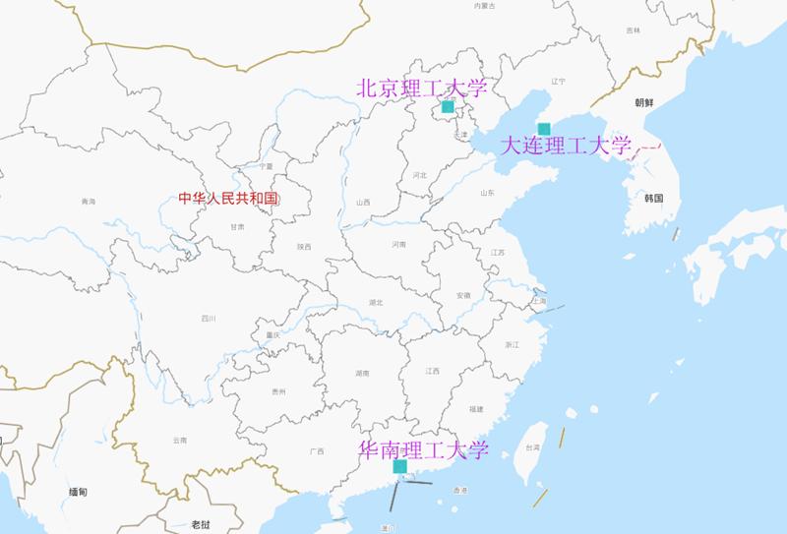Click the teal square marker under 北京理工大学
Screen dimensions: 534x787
coord(448,106)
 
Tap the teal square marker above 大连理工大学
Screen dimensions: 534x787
coord(544,129)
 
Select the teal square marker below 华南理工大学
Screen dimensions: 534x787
coord(400,467)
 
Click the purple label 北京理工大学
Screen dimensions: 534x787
coord(421,88)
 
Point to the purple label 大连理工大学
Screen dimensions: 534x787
coord(566,148)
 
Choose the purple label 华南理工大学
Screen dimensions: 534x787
coord(424,449)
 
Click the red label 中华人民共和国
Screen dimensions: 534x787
coord(229,199)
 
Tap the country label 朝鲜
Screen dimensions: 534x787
coord(644,102)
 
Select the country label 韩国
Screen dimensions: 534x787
coord(655,198)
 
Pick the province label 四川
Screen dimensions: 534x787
coord(208,318)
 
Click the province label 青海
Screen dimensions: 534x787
coord(89,202)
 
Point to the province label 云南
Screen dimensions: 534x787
coord(178,440)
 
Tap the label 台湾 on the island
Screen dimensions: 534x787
coord(531,447)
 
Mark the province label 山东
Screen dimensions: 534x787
coord(486,193)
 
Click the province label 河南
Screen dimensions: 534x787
coord(398,244)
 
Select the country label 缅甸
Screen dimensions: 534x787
coord(78,491)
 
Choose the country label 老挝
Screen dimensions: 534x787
coord(201,524)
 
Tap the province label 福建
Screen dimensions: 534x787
coord(476,408)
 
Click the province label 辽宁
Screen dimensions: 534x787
coord(560,81)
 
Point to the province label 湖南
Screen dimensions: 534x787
coord(362,374)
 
